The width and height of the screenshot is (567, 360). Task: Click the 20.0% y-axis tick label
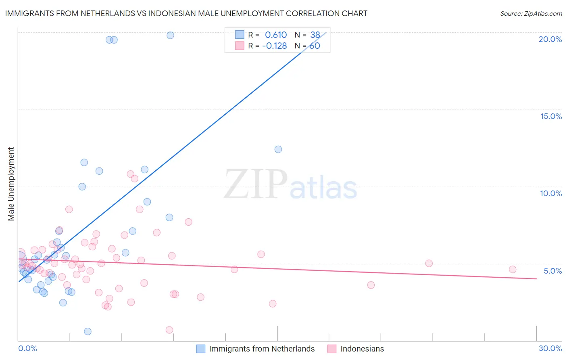[x=550, y=39]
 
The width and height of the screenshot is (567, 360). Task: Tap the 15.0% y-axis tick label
[x=551, y=116]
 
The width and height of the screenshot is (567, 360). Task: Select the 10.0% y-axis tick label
[x=551, y=193]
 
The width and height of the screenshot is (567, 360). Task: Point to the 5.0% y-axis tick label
[x=552, y=271]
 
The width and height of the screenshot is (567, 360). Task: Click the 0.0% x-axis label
[x=27, y=348]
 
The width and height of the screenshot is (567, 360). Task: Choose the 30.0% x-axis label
[x=550, y=348]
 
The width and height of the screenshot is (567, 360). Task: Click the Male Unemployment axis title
[x=11, y=184]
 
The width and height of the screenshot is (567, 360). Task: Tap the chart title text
[x=186, y=13]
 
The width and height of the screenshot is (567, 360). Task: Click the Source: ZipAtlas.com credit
[x=531, y=13]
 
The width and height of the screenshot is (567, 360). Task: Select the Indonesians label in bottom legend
[x=362, y=349]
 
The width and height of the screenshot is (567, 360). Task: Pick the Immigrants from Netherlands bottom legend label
[x=262, y=349]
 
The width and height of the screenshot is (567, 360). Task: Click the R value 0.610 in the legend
[x=276, y=35]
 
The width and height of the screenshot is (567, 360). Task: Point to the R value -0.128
[x=274, y=46]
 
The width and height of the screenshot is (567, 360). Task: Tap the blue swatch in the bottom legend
[x=201, y=349]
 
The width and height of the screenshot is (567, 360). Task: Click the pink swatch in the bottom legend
[x=332, y=349]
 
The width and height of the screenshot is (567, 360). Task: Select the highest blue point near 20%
[x=170, y=35]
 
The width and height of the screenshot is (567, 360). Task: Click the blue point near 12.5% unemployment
[x=278, y=149]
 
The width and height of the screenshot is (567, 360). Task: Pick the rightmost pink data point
[x=513, y=269]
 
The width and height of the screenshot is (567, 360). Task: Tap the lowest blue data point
[x=88, y=331]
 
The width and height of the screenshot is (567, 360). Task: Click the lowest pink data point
[x=169, y=330]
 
